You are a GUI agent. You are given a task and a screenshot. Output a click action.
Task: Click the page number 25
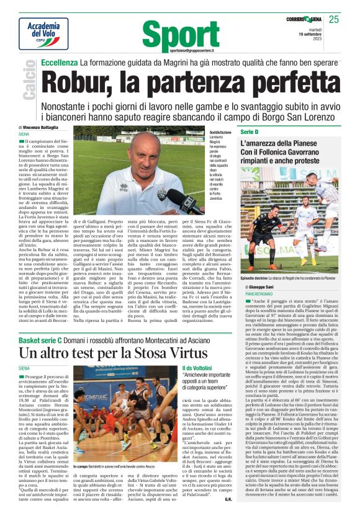click(x=351, y=20)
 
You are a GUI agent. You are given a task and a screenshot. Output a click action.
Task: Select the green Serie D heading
click(x=250, y=132)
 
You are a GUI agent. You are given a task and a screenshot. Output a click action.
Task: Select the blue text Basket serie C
click(x=42, y=340)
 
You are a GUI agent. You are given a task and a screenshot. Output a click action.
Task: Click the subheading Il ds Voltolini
click(x=197, y=368)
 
